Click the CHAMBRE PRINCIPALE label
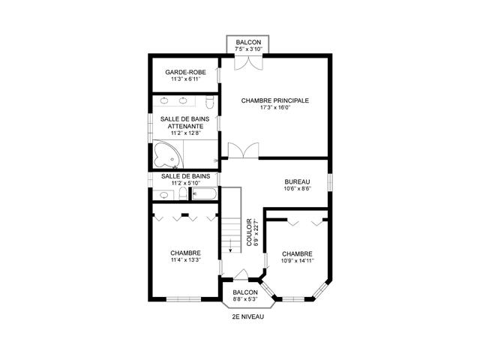275,100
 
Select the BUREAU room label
297,181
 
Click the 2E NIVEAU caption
248,316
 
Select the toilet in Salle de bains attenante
211,100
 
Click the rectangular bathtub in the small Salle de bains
204,194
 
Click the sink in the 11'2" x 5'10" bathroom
163,195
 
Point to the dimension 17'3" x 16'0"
275,107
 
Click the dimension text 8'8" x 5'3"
245,299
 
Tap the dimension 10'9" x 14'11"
298,262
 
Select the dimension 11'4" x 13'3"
184,260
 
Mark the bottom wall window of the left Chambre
184,299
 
